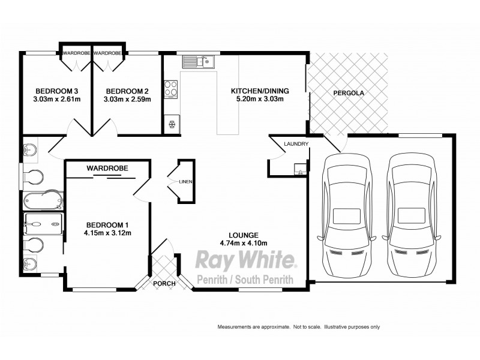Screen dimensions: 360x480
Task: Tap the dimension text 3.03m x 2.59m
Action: pyautogui.click(x=127, y=100)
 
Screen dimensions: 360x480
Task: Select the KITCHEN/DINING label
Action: pyautogui.click(x=260, y=91)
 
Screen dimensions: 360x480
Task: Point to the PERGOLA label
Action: pyautogui.click(x=349, y=94)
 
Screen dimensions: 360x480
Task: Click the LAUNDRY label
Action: pyautogui.click(x=297, y=144)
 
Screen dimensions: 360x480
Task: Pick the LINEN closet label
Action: pyautogui.click(x=185, y=181)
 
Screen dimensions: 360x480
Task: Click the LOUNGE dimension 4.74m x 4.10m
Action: pyautogui.click(x=243, y=243)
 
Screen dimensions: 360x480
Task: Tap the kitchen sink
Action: pyautogui.click(x=196, y=61)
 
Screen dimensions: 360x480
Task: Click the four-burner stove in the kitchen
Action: pyautogui.click(x=170, y=88)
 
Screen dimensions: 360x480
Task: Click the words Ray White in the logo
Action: pyautogui.click(x=246, y=261)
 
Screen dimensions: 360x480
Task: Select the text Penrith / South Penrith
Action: pyautogui.click(x=246, y=278)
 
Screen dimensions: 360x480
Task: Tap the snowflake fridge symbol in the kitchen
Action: pyautogui.click(x=172, y=124)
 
